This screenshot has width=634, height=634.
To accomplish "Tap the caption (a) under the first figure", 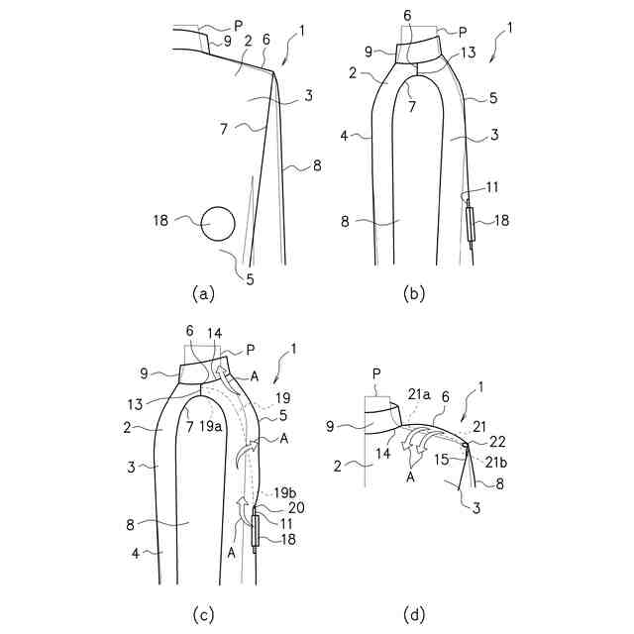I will [203, 293].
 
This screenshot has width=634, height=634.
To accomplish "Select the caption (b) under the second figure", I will [414, 293].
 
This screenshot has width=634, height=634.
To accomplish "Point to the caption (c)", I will [203, 615].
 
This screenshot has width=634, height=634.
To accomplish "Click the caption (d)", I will [414, 615].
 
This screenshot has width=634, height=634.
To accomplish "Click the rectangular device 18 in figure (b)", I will [471, 225].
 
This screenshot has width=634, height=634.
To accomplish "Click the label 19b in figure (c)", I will [283, 490].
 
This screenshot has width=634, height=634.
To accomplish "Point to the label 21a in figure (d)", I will [418, 393].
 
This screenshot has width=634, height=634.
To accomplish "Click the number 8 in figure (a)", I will [316, 166].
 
